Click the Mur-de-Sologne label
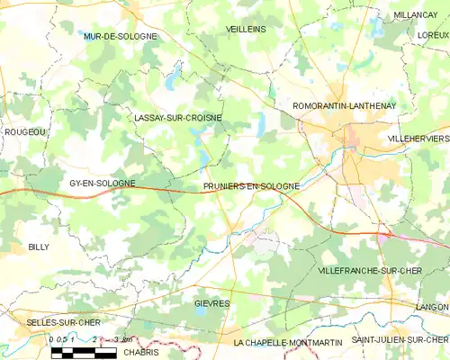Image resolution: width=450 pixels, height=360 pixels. coord(120,36)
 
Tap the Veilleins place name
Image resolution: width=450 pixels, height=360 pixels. coord(246,29)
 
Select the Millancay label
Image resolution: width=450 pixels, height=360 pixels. coord(415,15)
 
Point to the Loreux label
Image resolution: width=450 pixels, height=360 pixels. coord(433,34)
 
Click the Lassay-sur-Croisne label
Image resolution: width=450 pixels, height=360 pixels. coord(177,117)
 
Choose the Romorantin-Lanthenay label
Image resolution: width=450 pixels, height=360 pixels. coord(345,105)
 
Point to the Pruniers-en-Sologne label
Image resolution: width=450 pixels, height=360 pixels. coord(251,185)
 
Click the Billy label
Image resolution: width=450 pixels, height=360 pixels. coord(39,246)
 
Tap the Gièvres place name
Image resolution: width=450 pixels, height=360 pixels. coord(212,303)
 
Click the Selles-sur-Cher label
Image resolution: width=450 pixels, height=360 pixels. coord(38,321)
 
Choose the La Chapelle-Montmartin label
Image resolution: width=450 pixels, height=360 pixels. coord(285,342)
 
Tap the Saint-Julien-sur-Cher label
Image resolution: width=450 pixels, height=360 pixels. coord(400,339)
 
